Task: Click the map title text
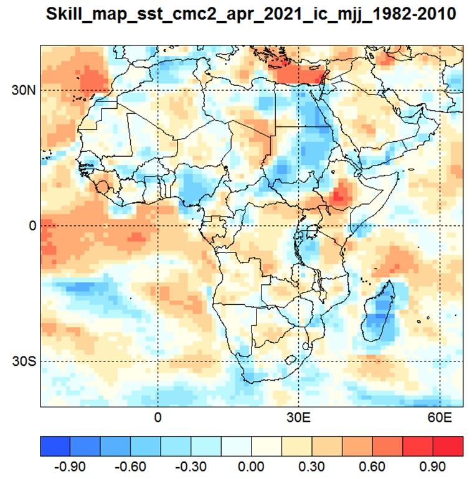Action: pyautogui.click(x=251, y=14)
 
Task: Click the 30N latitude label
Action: pyautogui.click(x=24, y=90)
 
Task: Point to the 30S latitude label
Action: pyautogui.click(x=24, y=361)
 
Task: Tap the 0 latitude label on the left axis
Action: pyautogui.click(x=32, y=226)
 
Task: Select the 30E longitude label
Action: pyautogui.click(x=298, y=417)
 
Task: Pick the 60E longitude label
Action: pyautogui.click(x=440, y=417)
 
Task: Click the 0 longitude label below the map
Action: pyautogui.click(x=158, y=417)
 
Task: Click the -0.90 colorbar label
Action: pyautogui.click(x=70, y=467)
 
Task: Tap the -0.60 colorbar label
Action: pyautogui.click(x=131, y=467)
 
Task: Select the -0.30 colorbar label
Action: pyautogui.click(x=191, y=467)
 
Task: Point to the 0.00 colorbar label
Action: pyautogui.click(x=252, y=467)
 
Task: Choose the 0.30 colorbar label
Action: pyautogui.click(x=312, y=467)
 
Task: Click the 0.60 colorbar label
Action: pyautogui.click(x=372, y=467)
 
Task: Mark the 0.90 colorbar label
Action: pyautogui.click(x=433, y=467)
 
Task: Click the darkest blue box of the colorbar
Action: pyautogui.click(x=55, y=446)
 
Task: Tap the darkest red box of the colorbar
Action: pyautogui.click(x=448, y=446)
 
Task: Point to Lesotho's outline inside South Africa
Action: pyautogui.click(x=290, y=360)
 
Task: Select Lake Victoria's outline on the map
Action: pyautogui.click(x=312, y=231)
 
